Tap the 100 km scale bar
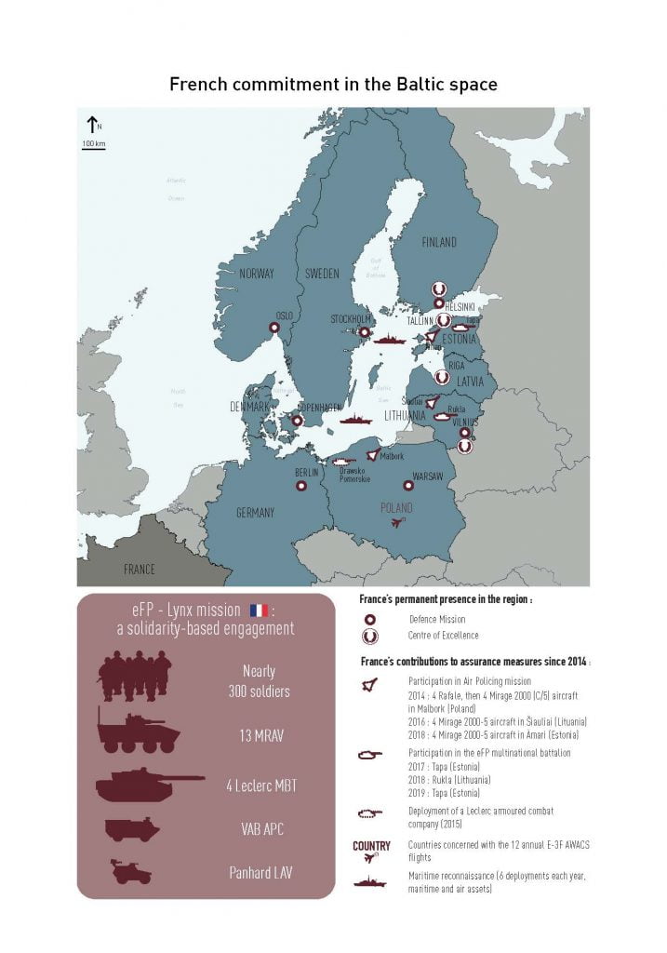[x=93, y=145]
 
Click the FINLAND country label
[x=439, y=243]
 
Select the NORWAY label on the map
[x=257, y=274]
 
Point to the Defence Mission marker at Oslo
[x=274, y=328]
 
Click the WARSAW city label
[x=427, y=476]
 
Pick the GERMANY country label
[x=255, y=513]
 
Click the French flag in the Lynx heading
[x=258, y=611]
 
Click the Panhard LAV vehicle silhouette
[x=131, y=872]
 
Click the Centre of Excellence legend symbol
[x=369, y=637]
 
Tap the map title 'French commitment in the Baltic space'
[x=333, y=85]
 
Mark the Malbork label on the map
[x=392, y=456]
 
